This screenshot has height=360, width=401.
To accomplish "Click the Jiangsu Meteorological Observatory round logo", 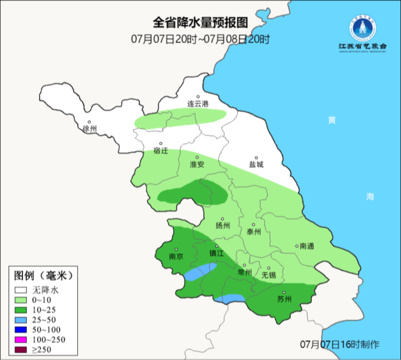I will [363, 28].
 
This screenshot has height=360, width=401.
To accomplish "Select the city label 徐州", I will [89, 129].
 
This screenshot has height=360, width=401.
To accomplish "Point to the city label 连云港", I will [198, 104].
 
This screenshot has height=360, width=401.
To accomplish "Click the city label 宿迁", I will [160, 151].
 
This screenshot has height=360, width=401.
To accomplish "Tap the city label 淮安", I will [197, 165].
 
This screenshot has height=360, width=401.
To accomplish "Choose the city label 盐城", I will [256, 165].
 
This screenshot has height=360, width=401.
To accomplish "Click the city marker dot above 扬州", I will [223, 219].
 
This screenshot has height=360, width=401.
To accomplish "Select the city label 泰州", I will [254, 232].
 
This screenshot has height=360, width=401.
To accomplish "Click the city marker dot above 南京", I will [176, 250].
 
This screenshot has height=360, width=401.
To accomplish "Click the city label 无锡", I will [269, 275].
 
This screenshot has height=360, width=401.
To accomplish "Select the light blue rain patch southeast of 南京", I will [200, 272].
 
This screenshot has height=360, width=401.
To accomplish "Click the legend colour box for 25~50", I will [21, 319].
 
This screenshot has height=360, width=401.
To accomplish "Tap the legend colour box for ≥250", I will [21, 349].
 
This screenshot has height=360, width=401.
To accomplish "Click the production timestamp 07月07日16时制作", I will [340, 345].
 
